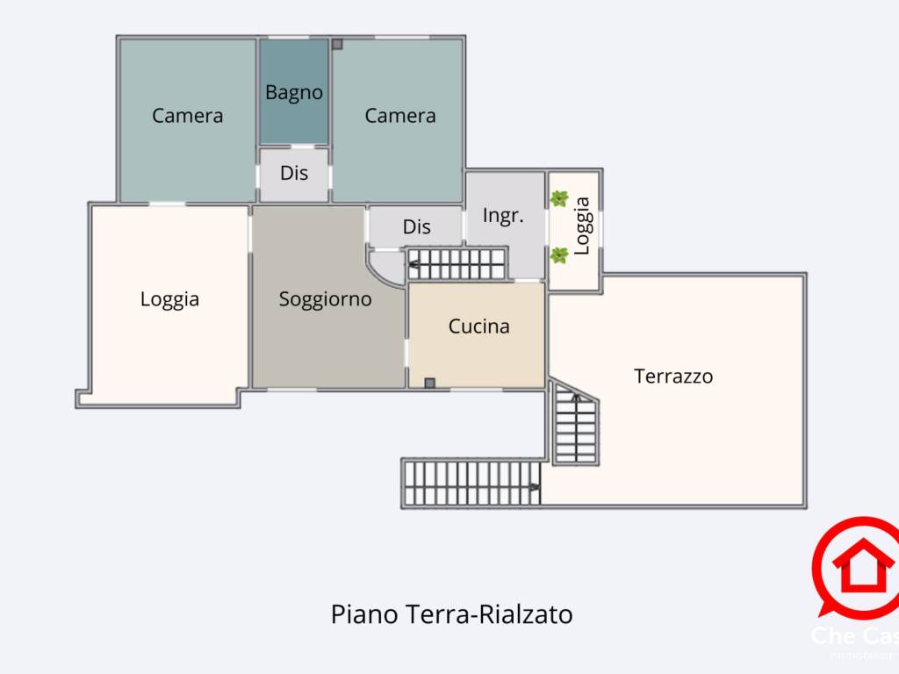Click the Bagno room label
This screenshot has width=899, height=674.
pyautogui.click(x=294, y=92)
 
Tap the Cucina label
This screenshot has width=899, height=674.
pyautogui.click(x=478, y=326)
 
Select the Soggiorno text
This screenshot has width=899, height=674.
pyautogui.click(x=325, y=299)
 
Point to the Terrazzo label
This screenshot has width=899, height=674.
pyautogui.click(x=673, y=376)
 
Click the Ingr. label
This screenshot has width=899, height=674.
pyautogui.click(x=503, y=215)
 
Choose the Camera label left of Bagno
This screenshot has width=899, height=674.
pyautogui.click(x=187, y=115)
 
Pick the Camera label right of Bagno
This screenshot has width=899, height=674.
pyautogui.click(x=400, y=115)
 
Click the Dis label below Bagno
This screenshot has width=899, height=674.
pyautogui.click(x=294, y=173)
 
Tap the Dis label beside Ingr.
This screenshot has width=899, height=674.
pyautogui.click(x=416, y=226)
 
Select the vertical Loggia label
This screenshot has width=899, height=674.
pyautogui.click(x=582, y=226)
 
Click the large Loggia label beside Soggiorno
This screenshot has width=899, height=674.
pyautogui.click(x=169, y=299)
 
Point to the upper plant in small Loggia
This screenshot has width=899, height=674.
pyautogui.click(x=559, y=199)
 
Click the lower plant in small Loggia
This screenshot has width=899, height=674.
pyautogui.click(x=559, y=255)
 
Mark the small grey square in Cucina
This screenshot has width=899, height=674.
pyautogui.click(x=429, y=383)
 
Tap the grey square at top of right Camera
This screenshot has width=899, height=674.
pyautogui.click(x=337, y=43)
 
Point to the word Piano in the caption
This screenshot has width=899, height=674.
pyautogui.click(x=363, y=613)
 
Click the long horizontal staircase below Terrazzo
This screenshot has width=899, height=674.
pyautogui.click(x=471, y=484)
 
